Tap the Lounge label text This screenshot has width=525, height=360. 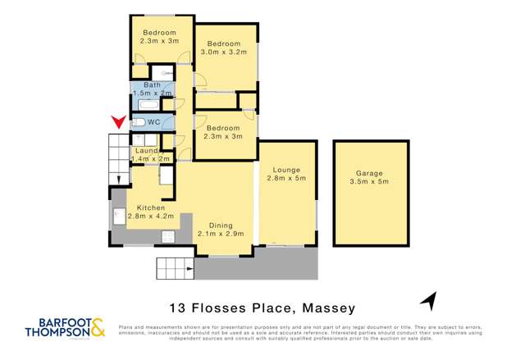[286, 170]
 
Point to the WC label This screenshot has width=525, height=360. [153, 122]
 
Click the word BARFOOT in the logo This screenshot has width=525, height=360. [52, 323]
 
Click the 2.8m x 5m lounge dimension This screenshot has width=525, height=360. [286, 179]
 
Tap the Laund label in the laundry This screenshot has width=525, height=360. [147, 150]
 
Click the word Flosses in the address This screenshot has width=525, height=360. [221, 308]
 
